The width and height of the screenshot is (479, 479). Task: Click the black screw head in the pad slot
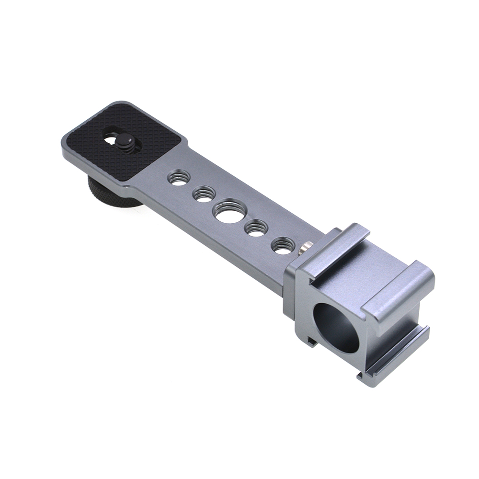pos(126,142)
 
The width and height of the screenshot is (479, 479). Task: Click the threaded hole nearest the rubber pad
pos(179,177)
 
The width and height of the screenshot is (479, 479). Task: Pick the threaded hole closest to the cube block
pos(283,245)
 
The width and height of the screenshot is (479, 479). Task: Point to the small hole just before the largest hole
pos(204,194)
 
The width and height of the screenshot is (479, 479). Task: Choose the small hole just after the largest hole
pos(256,228)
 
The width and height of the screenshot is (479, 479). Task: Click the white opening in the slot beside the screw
pos(111,140)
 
